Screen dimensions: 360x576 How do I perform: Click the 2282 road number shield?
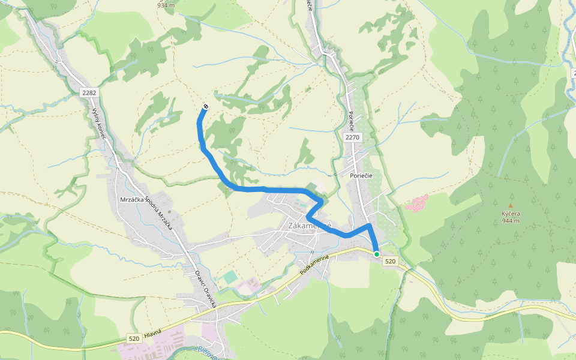pos(89,92)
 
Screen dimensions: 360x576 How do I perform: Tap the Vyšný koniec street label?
pos(99,124)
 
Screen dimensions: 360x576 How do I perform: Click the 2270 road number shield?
pos(352,137)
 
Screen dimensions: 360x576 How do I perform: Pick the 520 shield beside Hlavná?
pos(133,339)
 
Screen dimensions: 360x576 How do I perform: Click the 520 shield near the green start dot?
pos(391,261)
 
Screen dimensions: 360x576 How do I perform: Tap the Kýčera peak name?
pos(511,214)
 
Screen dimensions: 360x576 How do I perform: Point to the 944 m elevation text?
pos(511,221)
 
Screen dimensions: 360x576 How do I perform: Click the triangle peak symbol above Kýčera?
pos(511,205)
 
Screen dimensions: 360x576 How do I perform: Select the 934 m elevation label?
pos(166,5)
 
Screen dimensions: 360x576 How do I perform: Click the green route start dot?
pos(377,254)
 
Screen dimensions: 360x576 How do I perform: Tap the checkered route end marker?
pos(206,107)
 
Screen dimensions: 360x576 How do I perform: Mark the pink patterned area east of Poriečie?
pos(417,203)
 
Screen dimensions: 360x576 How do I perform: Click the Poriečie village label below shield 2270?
pos(361,175)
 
